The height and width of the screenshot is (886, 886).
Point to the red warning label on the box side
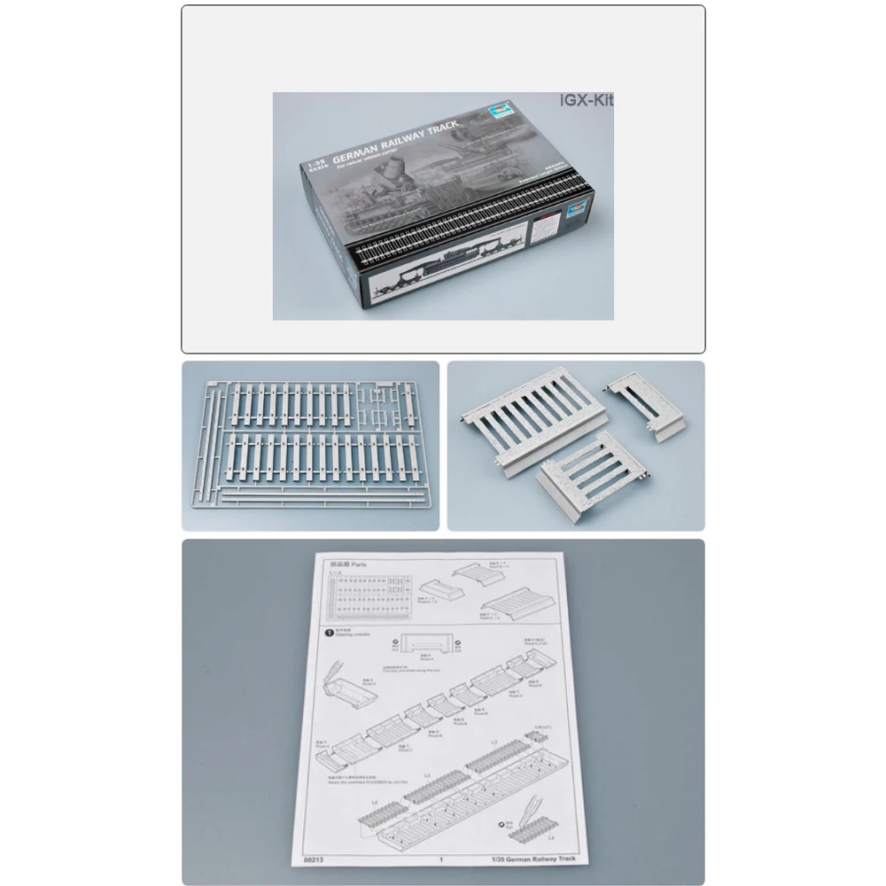click(542, 229)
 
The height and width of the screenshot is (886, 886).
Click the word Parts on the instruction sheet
click(359, 563)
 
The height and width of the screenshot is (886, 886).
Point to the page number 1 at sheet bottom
click(440, 858)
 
